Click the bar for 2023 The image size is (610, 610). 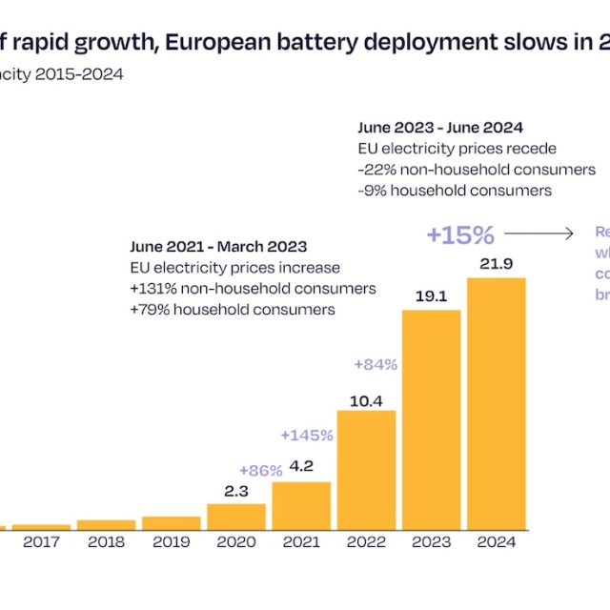pyautogui.click(x=431, y=419)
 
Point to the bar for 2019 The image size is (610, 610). pyautogui.click(x=172, y=523)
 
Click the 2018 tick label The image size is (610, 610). pyautogui.click(x=107, y=542)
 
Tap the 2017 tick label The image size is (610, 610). pyautogui.click(x=41, y=542)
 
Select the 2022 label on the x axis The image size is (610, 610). pyautogui.click(x=366, y=542)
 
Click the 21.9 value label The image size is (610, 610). pyautogui.click(x=496, y=264)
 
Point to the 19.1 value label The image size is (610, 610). pyautogui.click(x=431, y=295)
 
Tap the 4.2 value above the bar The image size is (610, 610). pyautogui.click(x=301, y=467)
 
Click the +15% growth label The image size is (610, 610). pyautogui.click(x=460, y=234)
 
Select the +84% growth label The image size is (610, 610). pyautogui.click(x=375, y=364)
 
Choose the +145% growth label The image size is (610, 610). pyautogui.click(x=307, y=436)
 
